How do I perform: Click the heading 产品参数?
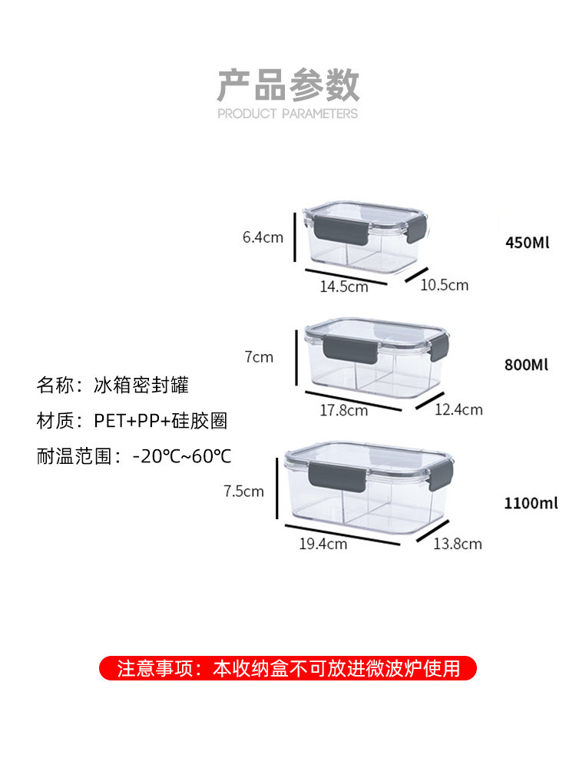click(x=288, y=84)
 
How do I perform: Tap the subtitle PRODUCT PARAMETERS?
click(x=288, y=114)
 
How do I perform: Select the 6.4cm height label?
click(x=263, y=237)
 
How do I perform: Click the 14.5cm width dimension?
click(x=343, y=286)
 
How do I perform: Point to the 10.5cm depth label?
click(x=444, y=285)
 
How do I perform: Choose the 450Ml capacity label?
click(x=528, y=243)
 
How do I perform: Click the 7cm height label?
click(x=259, y=357)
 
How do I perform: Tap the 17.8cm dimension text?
click(x=343, y=410)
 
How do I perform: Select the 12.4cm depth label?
click(x=458, y=409)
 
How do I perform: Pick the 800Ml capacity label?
click(x=527, y=364)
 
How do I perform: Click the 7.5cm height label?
click(x=243, y=492)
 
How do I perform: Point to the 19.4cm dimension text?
click(x=323, y=544)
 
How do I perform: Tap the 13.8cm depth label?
click(x=458, y=544)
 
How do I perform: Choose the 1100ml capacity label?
click(x=531, y=504)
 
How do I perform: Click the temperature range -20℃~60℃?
click(x=182, y=456)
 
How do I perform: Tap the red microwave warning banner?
click(x=288, y=668)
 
